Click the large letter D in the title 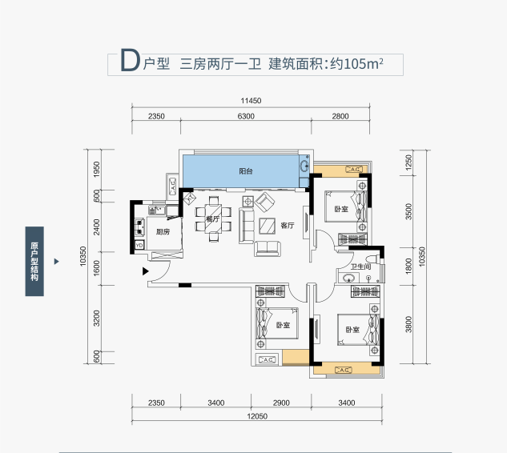click(130, 60)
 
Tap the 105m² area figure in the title click(364, 64)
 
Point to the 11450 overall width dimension click(251, 101)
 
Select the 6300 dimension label click(246, 116)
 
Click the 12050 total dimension click(257, 416)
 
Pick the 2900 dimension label click(281, 403)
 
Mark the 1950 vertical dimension click(97, 170)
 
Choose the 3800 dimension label click(408, 324)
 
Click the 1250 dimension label click(408, 162)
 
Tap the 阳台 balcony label click(246, 171)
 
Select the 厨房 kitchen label click(163, 231)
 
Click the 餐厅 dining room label click(213, 218)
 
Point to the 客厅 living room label click(288, 226)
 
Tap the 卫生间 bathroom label click(361, 267)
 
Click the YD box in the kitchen click(139, 245)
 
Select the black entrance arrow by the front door click(146, 271)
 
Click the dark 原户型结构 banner click(34, 262)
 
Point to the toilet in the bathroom click(374, 259)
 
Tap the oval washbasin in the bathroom click(348, 278)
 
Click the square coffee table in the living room click(267, 226)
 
